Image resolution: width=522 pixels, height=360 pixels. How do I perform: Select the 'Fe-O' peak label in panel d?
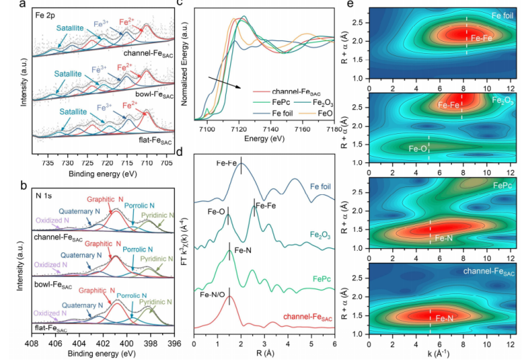click(x=217, y=211)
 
